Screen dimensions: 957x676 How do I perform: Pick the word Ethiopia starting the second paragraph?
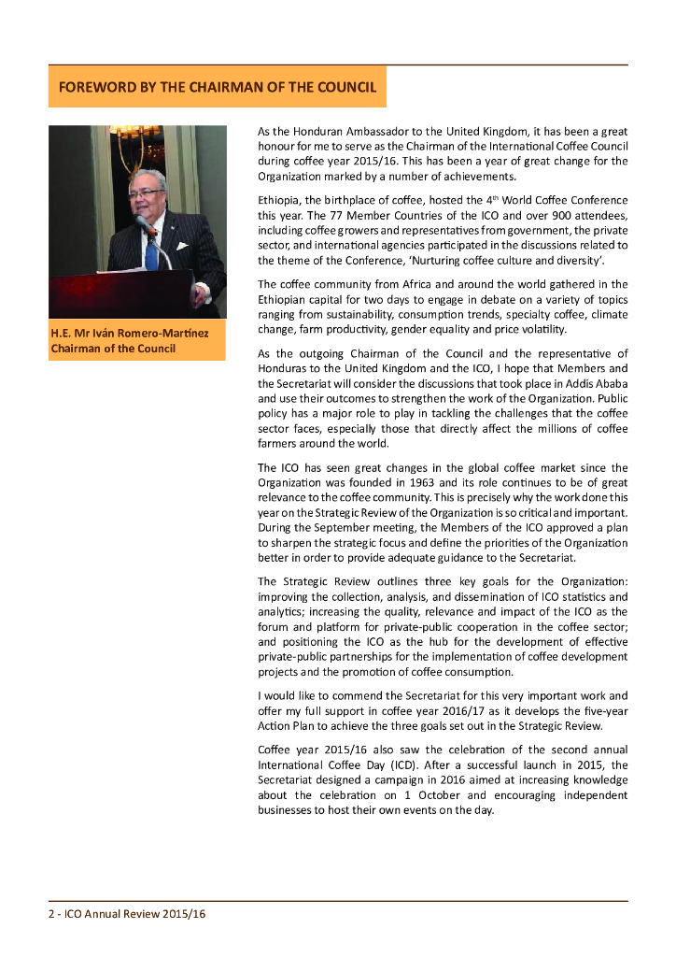click(x=278, y=201)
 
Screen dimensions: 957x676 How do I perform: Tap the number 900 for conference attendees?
click(x=523, y=216)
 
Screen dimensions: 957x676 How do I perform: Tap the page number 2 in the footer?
click(x=51, y=914)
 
